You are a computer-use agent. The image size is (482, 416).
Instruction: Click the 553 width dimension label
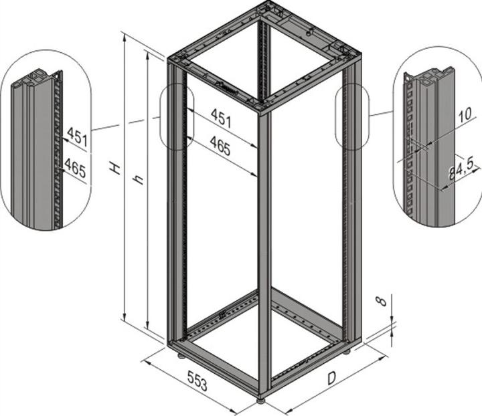pyautogui.click(x=197, y=383)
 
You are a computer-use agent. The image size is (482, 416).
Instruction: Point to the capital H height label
pyautogui.click(x=116, y=167)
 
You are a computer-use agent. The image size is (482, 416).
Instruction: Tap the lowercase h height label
pyautogui.click(x=138, y=179)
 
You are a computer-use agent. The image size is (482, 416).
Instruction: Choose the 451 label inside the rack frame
pyautogui.click(x=221, y=118)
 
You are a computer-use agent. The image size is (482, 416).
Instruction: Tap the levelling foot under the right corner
pyautogui.click(x=347, y=350)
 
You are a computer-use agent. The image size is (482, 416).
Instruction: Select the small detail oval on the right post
pyautogui.click(x=351, y=116)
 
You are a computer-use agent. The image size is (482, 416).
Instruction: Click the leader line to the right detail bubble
pyautogui.click(x=381, y=114)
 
